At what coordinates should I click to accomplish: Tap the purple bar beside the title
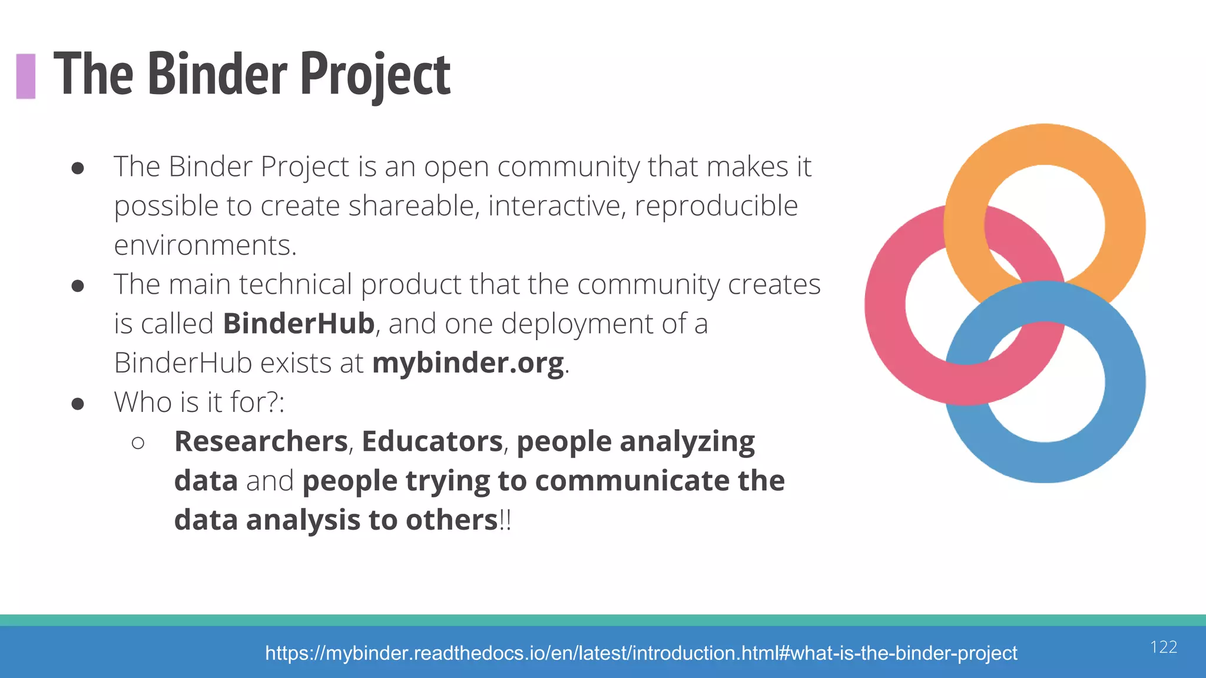(26, 76)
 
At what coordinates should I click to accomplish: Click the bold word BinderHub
(299, 324)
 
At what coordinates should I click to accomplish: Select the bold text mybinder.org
(468, 363)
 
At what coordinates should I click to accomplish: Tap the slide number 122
(1164, 647)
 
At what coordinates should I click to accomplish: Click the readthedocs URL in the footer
(641, 653)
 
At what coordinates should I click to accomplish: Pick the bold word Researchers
(261, 441)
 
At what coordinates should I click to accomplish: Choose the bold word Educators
(432, 441)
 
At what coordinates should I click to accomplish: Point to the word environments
(204, 245)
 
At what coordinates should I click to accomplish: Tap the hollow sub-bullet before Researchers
(138, 443)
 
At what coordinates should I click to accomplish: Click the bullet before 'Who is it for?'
(78, 404)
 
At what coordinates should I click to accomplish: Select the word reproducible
(716, 206)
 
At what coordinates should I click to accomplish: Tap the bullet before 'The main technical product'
(78, 286)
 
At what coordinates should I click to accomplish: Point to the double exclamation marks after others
(505, 520)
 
